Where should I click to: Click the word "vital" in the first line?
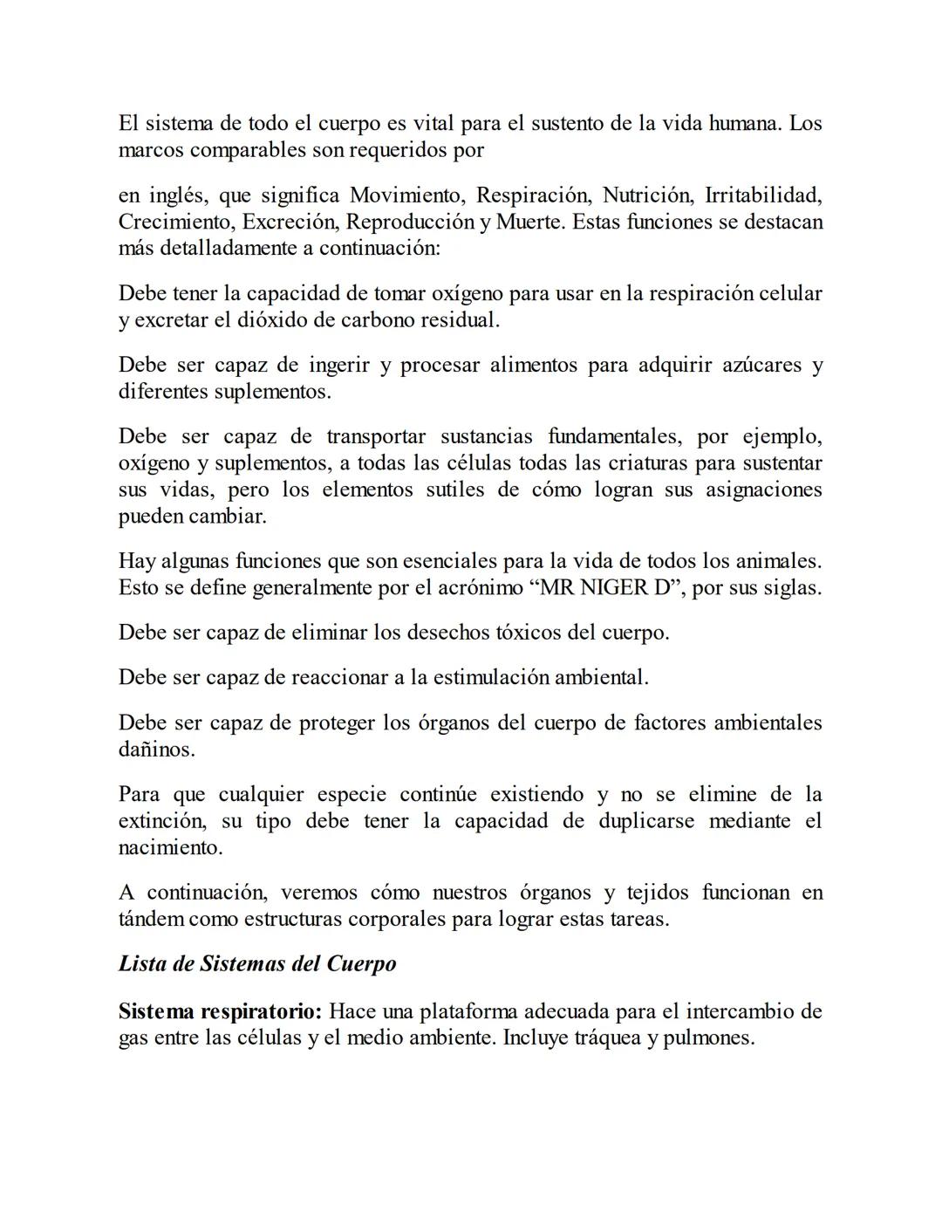click(x=433, y=123)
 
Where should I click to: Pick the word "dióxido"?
click(x=273, y=320)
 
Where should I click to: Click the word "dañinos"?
click(x=156, y=750)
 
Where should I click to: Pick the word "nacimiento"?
click(x=170, y=847)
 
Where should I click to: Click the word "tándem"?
click(x=151, y=920)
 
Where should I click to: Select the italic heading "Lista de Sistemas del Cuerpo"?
click(x=257, y=964)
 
